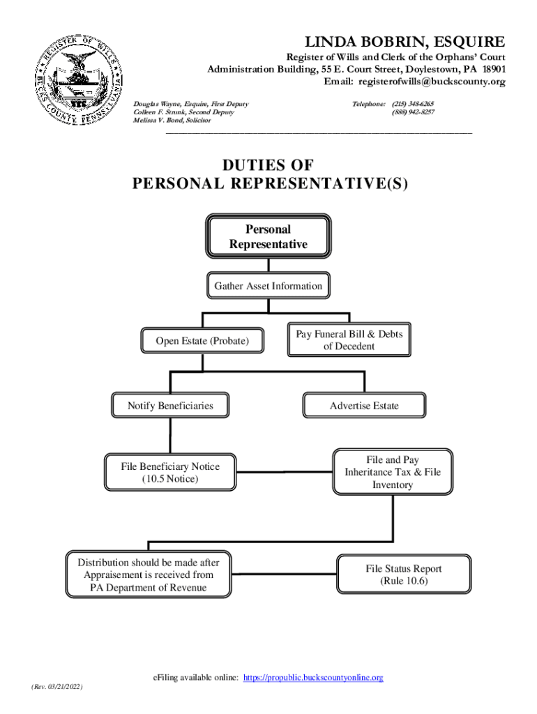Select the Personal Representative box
tap(268, 237)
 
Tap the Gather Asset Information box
tap(268, 286)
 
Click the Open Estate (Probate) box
tap(202, 341)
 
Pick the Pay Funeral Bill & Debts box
tap(349, 340)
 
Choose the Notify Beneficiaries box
tap(170, 405)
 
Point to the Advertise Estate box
tap(364, 405)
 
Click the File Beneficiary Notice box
tap(169, 473)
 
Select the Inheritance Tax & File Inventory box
tap(393, 472)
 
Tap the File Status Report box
tap(403, 574)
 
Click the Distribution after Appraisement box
tap(148, 575)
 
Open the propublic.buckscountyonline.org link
tap(313, 677)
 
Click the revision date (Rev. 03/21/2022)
tap(57, 687)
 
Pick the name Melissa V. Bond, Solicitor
tap(172, 120)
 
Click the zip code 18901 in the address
tap(491, 69)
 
